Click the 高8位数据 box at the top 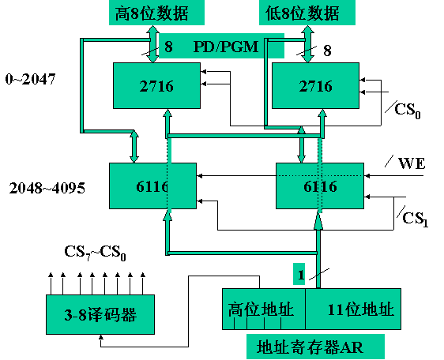[x=155, y=13]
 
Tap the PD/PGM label [x=226, y=47]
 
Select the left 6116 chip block [x=152, y=186]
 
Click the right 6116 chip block [x=318, y=186]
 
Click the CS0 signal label [x=408, y=108]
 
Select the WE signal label [x=412, y=163]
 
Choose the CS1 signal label [x=412, y=217]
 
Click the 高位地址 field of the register [x=262, y=309]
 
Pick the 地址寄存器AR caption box [x=309, y=345]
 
